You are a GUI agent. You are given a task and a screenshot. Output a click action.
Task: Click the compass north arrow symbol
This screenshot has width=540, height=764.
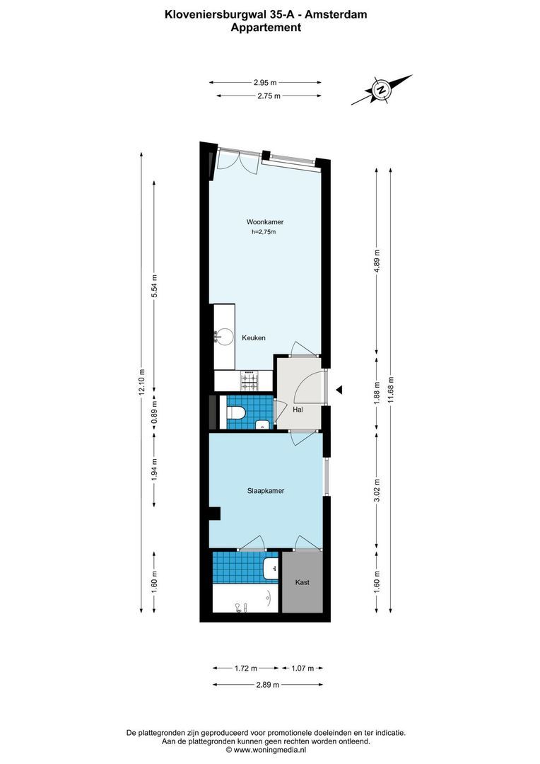pyautogui.click(x=382, y=90)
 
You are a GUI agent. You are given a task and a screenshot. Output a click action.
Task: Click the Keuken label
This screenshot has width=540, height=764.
pyautogui.click(x=254, y=338)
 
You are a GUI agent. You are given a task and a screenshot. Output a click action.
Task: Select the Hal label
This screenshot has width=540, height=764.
pyautogui.click(x=298, y=410)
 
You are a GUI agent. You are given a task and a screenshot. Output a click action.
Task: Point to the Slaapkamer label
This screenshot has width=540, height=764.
pyautogui.click(x=266, y=490)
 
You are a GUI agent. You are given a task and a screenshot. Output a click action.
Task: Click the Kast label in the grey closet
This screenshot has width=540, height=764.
pyautogui.click(x=303, y=582)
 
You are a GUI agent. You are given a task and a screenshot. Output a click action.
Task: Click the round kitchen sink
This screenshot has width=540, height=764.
pyautogui.click(x=224, y=337)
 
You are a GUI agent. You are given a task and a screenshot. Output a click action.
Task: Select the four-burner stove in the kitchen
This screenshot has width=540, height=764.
pyautogui.click(x=250, y=381)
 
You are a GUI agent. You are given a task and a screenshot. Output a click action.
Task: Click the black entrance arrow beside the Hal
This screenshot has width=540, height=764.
pyautogui.click(x=339, y=389)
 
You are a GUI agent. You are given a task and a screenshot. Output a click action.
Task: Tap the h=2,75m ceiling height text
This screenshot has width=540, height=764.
pyautogui.click(x=263, y=231)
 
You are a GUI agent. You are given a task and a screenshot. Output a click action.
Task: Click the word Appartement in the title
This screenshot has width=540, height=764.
pyautogui.click(x=266, y=28)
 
